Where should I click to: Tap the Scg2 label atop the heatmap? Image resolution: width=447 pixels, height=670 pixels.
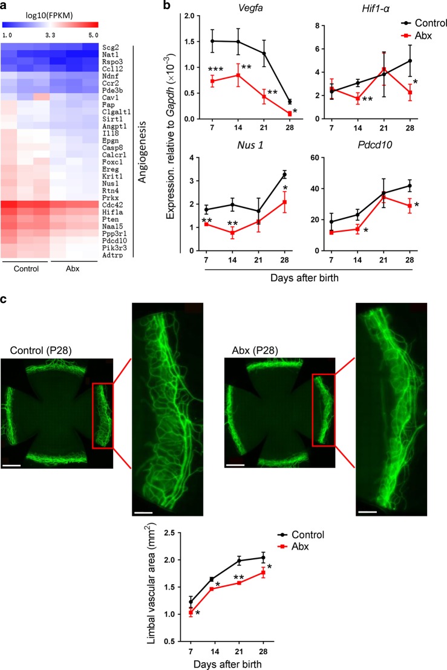[x=111, y=45]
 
